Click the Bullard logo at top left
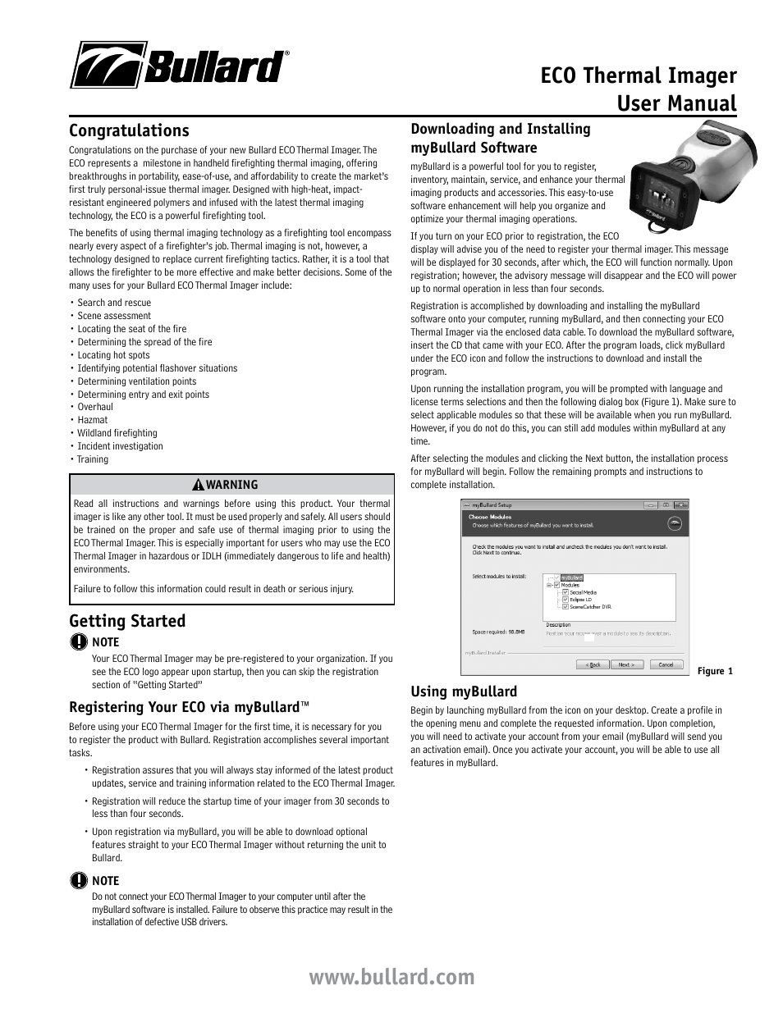point(179,66)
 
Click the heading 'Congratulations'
point(129,130)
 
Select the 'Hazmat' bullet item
point(92,420)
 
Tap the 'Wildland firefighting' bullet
point(117,433)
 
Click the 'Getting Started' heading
point(127,621)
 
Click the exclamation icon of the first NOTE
point(79,642)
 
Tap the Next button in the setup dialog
point(626,664)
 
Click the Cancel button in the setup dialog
point(666,664)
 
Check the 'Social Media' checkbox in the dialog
point(565,591)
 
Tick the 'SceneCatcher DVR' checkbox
point(565,607)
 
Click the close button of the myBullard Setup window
point(680,505)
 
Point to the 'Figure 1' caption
point(715,671)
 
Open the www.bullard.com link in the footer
point(391,977)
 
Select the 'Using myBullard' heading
point(464,691)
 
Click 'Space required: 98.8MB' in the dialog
point(498,632)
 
